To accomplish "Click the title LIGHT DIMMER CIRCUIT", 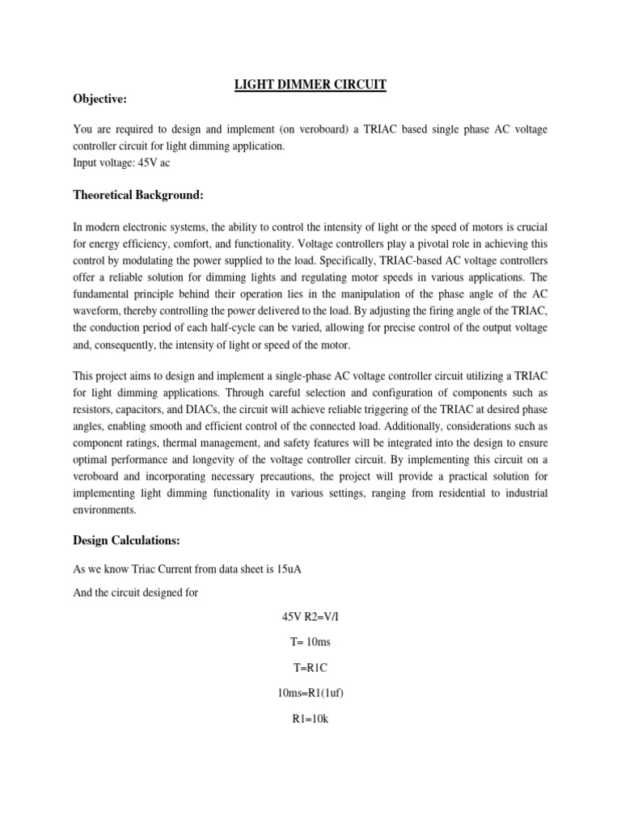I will tap(310, 84).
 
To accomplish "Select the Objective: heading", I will tap(100, 99).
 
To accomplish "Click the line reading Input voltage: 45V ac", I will tap(122, 162).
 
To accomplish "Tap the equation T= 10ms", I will tap(310, 642).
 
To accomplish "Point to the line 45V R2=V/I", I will tap(310, 617).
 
